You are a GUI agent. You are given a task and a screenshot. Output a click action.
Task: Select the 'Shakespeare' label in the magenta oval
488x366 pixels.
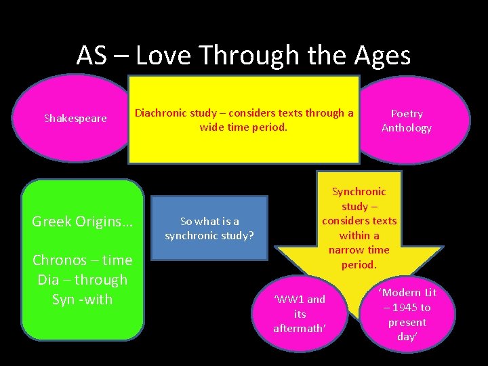75,119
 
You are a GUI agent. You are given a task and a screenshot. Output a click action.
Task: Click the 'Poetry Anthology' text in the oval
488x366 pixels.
407,121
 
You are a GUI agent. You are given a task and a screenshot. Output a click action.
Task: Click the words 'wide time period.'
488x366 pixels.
243,127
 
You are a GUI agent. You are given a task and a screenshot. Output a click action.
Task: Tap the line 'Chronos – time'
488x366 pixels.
83,260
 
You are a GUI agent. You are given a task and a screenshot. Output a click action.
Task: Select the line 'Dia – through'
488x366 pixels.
83,279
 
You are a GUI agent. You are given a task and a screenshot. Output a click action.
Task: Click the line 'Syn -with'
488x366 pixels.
83,299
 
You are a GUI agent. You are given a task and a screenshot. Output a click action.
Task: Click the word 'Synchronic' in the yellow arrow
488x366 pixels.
359,192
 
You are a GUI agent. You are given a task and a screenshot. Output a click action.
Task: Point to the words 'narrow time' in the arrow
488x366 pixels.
359,250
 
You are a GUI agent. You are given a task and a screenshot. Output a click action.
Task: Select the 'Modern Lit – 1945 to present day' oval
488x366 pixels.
407,314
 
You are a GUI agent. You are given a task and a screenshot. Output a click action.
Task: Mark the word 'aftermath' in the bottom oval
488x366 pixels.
299,329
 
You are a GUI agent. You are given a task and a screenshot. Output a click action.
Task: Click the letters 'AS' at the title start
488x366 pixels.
91,55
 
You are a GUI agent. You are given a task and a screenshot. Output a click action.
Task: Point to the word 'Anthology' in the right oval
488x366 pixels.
407,128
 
